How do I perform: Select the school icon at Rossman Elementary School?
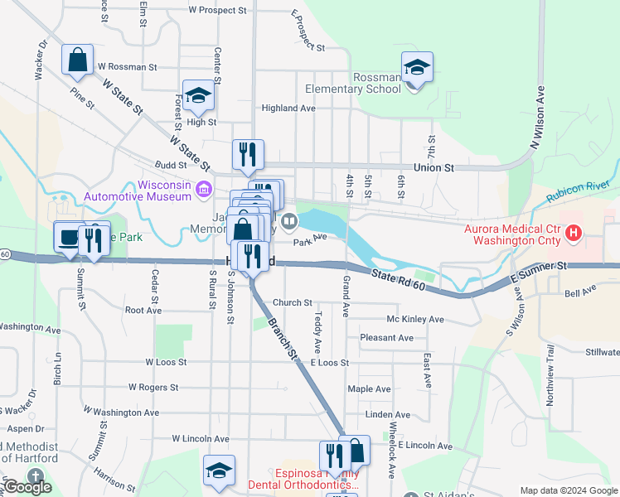tap(417, 68)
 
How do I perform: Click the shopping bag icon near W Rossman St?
tap(77, 60)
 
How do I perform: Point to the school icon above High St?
tap(199, 96)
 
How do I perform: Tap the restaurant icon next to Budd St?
tap(248, 154)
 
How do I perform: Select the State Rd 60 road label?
tap(398, 280)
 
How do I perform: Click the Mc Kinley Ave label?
tap(414, 320)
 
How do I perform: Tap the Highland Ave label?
tap(288, 109)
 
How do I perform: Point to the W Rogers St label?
tap(153, 387)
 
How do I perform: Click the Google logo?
tap(28, 488)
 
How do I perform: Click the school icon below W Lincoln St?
tap(219, 470)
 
